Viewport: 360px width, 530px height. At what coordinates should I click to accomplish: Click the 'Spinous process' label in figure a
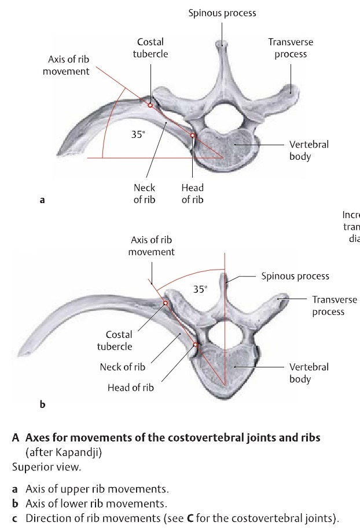point(222,13)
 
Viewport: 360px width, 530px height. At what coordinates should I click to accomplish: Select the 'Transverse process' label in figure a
point(291,47)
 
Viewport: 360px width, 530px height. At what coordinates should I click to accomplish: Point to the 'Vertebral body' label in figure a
point(309,150)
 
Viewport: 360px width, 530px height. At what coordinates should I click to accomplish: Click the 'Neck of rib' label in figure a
point(144,194)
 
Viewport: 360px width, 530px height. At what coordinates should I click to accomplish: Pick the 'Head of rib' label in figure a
point(192,194)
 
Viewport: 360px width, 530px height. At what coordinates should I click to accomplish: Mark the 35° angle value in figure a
point(137,134)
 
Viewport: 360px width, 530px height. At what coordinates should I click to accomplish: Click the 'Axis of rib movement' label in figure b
point(151,245)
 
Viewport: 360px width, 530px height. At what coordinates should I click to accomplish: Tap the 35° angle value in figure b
point(200,289)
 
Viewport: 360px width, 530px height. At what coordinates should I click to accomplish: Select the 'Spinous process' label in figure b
point(295,276)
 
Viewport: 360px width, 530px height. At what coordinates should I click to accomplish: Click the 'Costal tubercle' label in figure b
point(119,340)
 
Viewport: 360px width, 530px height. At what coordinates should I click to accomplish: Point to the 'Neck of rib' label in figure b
point(123,366)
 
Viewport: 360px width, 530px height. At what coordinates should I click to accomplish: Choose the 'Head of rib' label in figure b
point(131,388)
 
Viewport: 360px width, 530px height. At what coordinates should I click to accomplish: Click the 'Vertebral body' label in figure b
point(309,373)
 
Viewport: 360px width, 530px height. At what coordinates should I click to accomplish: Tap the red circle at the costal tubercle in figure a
point(150,105)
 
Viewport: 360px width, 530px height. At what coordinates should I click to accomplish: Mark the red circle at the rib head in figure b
point(196,347)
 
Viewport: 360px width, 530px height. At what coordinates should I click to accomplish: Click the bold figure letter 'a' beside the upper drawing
point(41,201)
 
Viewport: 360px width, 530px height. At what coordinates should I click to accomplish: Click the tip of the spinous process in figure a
point(219,44)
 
